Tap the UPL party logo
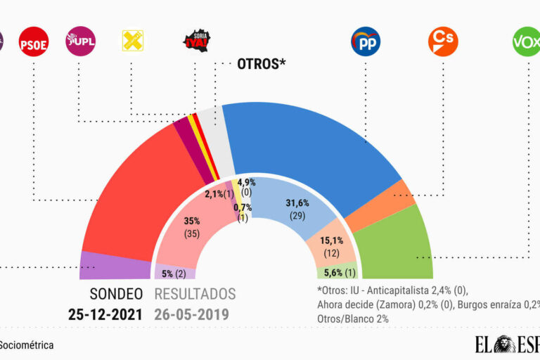79,41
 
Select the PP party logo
366,41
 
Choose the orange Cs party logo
442,41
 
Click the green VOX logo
526,41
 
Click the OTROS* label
262,65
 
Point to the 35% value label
192,220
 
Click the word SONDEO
116,294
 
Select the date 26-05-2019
192,314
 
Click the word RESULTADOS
195,294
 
